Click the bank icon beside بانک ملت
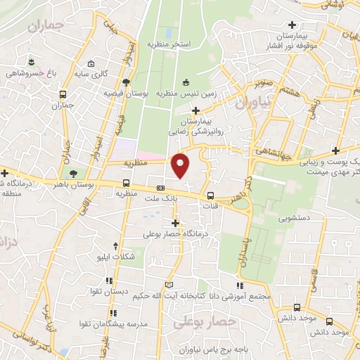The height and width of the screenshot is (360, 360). (161, 188)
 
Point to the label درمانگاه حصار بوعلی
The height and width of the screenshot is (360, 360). (179, 233)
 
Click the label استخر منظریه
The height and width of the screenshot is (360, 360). (169, 44)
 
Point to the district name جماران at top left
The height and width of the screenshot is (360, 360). (46, 27)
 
